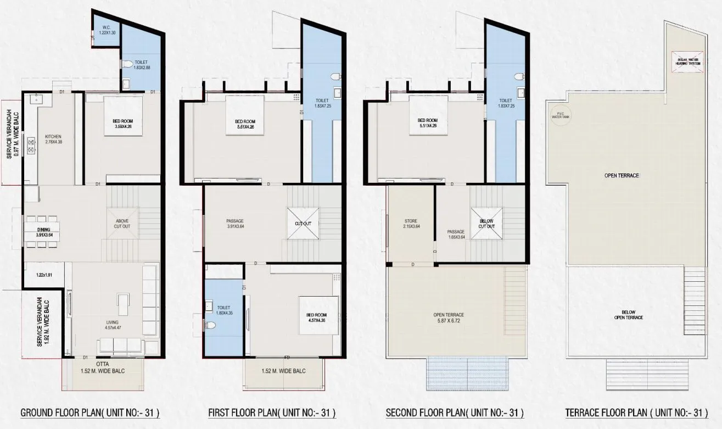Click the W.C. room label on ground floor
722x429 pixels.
tap(103, 30)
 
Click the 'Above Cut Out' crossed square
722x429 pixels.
tap(122, 224)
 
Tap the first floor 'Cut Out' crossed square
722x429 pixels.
tap(303, 224)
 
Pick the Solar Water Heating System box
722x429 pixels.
tap(687, 61)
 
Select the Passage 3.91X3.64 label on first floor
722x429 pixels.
tap(235, 224)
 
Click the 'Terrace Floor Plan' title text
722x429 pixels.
tap(635, 413)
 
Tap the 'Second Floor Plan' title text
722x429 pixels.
tap(455, 413)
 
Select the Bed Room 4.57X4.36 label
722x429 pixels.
tap(317, 317)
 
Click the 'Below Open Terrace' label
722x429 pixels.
tap(629, 314)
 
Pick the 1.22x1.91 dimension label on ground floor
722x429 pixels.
tap(44, 275)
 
